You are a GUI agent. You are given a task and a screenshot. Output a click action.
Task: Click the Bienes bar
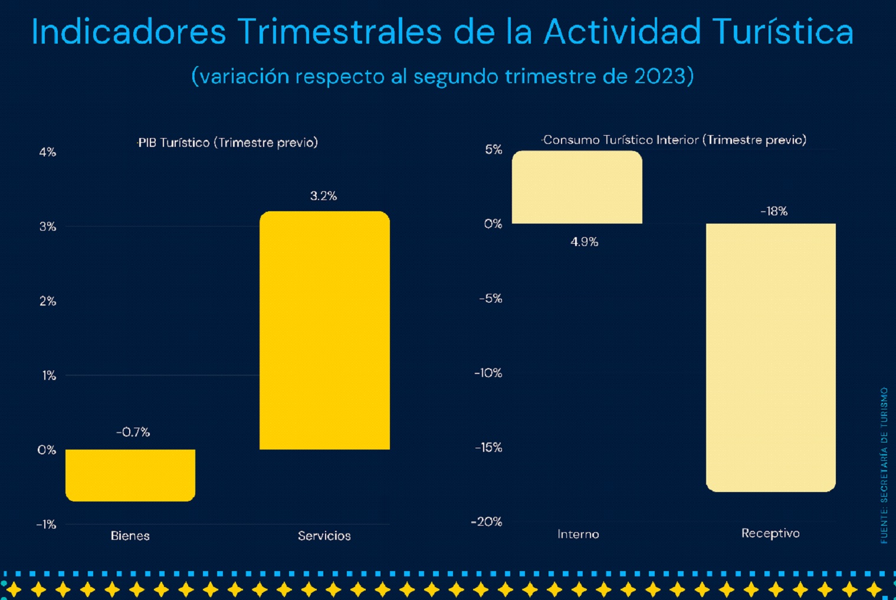[130, 475]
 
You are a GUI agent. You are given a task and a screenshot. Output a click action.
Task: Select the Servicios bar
[324, 330]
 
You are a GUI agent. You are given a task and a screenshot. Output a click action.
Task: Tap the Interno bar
[577, 187]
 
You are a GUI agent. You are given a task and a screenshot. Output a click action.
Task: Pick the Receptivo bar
[770, 357]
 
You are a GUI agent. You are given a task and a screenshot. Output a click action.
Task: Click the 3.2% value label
[323, 196]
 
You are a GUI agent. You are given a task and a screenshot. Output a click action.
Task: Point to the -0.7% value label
[133, 432]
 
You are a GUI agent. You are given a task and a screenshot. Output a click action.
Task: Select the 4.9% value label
[584, 242]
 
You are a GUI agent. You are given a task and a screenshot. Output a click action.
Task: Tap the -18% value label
[773, 211]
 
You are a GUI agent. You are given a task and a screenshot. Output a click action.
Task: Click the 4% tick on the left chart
[48, 152]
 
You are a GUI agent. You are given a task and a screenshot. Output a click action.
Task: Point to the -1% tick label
[46, 524]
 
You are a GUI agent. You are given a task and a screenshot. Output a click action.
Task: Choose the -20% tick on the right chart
[487, 522]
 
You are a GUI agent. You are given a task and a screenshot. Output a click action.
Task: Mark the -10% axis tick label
[488, 373]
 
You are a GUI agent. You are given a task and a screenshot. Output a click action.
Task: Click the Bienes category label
[130, 536]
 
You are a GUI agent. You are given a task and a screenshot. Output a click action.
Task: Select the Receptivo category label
[770, 533]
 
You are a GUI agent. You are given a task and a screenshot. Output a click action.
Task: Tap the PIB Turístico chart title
[228, 143]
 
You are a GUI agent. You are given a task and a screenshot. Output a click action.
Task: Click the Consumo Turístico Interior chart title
[674, 140]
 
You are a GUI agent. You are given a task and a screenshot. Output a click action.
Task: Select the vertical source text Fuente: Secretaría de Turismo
[884, 465]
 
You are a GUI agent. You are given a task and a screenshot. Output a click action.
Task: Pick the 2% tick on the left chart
[48, 301]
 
